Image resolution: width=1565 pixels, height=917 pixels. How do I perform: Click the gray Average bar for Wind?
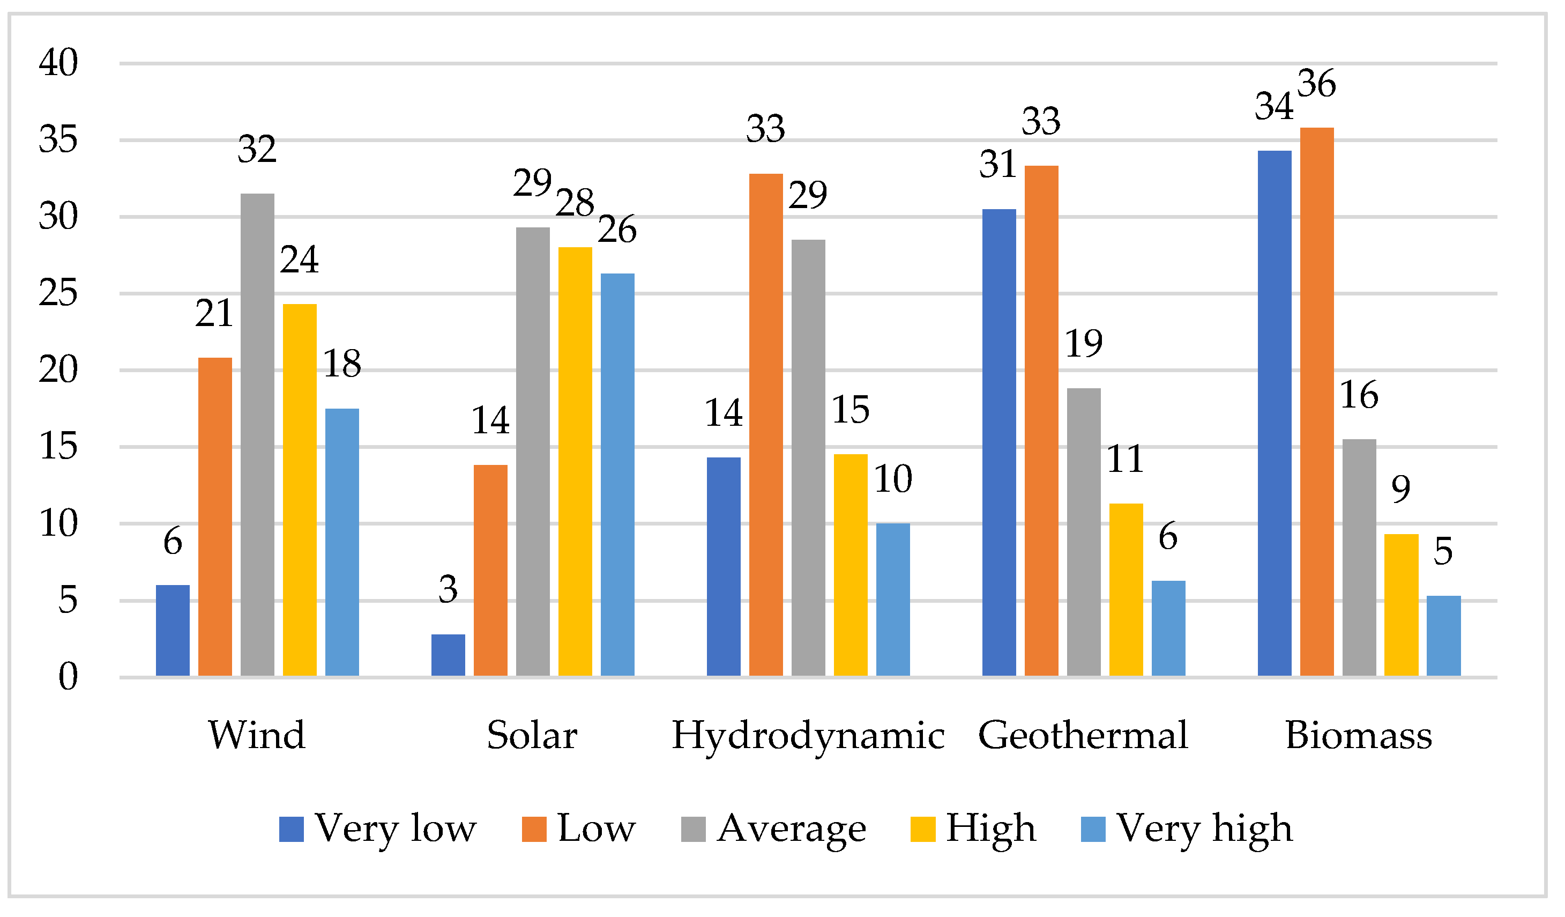point(258,435)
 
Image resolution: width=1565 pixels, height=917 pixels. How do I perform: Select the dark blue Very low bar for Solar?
point(449,655)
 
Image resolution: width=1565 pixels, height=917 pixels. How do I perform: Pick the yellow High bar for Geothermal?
point(1126,590)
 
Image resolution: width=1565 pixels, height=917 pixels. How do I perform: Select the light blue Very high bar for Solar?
point(618,475)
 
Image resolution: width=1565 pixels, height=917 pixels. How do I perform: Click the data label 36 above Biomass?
point(1317,84)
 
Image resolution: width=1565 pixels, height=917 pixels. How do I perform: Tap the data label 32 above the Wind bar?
point(257,150)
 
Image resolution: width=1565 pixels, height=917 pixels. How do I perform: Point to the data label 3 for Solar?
point(449,589)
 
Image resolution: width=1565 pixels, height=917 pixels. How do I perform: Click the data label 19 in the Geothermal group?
point(1084,344)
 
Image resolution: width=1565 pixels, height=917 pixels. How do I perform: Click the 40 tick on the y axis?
point(58,63)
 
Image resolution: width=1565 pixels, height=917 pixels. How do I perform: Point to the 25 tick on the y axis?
point(58,293)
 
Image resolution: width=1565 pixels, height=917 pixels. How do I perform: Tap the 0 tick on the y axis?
point(68,677)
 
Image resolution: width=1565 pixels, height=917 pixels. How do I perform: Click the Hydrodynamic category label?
point(809,736)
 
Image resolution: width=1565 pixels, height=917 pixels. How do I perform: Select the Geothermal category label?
point(1083,736)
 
